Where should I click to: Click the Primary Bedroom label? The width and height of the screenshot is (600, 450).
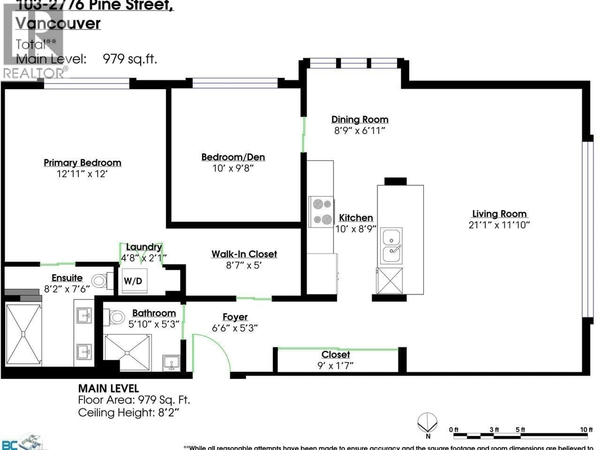[82, 163]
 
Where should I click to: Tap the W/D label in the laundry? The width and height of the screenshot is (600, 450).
[133, 281]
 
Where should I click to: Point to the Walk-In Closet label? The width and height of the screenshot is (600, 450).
[244, 254]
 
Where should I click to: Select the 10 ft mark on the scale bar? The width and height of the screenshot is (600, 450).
[586, 430]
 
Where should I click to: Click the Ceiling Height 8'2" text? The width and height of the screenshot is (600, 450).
[129, 413]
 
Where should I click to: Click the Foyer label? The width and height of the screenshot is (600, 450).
[235, 317]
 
